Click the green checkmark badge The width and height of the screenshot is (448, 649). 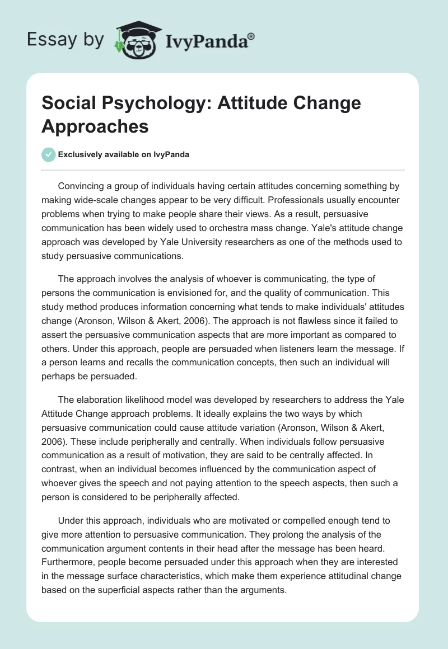tap(49, 154)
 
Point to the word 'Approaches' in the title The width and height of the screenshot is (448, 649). tap(95, 126)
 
